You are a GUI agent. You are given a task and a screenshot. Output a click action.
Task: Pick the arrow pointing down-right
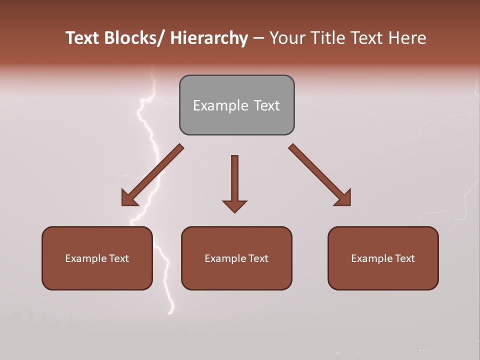pos(320,175)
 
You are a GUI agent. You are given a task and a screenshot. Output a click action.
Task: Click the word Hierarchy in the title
pos(209,38)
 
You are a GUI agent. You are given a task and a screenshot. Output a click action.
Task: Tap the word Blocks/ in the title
pos(134,38)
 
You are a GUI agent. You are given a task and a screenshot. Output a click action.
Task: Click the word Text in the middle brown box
pos(258,258)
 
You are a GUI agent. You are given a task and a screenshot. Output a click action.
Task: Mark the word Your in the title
pos(288,38)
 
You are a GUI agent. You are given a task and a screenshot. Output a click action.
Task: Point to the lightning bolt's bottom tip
pos(170,313)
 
